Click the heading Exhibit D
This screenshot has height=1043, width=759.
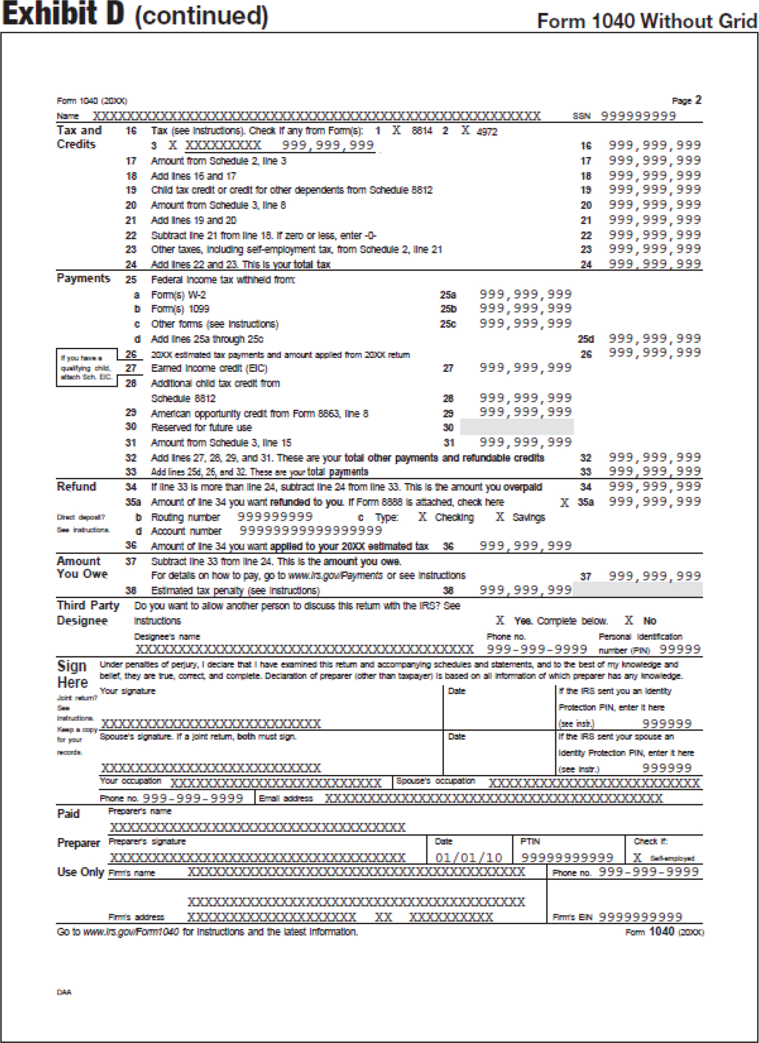click(x=63, y=14)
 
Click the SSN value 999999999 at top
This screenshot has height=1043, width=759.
click(x=638, y=116)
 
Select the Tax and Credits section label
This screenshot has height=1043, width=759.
click(x=79, y=137)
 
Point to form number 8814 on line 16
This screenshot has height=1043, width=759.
click(x=422, y=131)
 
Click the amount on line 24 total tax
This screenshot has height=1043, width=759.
click(x=654, y=264)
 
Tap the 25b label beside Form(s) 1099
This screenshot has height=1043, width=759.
click(x=448, y=309)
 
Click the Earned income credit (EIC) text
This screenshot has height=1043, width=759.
click(x=209, y=368)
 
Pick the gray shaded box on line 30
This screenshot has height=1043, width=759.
click(x=517, y=427)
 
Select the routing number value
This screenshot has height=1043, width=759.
click(x=275, y=517)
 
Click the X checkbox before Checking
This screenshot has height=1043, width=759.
click(x=422, y=517)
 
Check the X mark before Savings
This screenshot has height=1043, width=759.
click(x=500, y=517)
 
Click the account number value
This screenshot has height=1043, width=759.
click(x=310, y=531)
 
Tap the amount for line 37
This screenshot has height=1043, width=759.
click(x=654, y=576)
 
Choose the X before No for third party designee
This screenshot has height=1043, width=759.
click(x=629, y=620)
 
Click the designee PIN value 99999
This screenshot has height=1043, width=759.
click(x=679, y=650)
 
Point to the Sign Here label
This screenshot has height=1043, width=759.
click(x=72, y=674)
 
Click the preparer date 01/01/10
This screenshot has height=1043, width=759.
click(x=468, y=858)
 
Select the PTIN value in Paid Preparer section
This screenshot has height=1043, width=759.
click(x=567, y=858)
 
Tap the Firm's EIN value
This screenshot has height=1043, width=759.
click(x=640, y=917)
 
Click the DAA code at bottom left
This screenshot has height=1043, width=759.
click(x=64, y=992)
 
